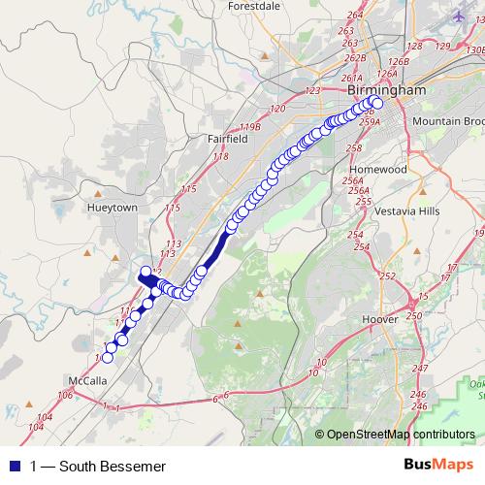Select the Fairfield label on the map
[228, 139]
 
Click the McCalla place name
[87, 380]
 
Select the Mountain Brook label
[447, 121]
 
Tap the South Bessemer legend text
[91, 466]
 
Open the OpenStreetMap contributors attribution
[400, 436]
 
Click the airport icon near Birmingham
[458, 16]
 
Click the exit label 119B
[251, 127]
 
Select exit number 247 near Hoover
[419, 369]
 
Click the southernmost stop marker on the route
[108, 358]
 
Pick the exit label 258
[353, 148]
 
